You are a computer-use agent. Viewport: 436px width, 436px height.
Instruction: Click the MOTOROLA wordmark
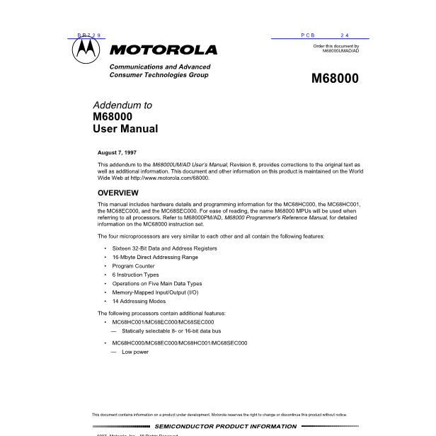coord(163,50)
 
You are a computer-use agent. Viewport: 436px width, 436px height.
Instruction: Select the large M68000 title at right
coord(335,79)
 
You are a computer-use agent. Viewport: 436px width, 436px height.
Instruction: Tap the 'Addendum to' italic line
coord(122,105)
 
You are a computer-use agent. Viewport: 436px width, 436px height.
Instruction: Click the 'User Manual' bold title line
coord(125,129)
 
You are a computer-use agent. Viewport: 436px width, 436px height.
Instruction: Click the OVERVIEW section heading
coord(117,193)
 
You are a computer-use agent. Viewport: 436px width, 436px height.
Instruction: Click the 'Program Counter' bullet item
coord(133,266)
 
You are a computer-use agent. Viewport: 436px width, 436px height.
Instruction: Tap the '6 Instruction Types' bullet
coord(135,275)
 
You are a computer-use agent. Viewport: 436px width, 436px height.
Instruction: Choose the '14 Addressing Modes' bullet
coord(138,301)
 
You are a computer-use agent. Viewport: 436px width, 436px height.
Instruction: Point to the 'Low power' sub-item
coord(134,352)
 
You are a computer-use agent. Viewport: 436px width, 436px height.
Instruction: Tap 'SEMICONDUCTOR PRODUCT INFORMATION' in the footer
coord(226,426)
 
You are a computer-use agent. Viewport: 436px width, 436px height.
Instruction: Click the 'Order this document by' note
coord(336,47)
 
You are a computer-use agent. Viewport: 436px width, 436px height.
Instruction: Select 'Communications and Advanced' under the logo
coord(159,67)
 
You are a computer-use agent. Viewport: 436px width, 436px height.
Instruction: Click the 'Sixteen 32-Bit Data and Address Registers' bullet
coord(164,248)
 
